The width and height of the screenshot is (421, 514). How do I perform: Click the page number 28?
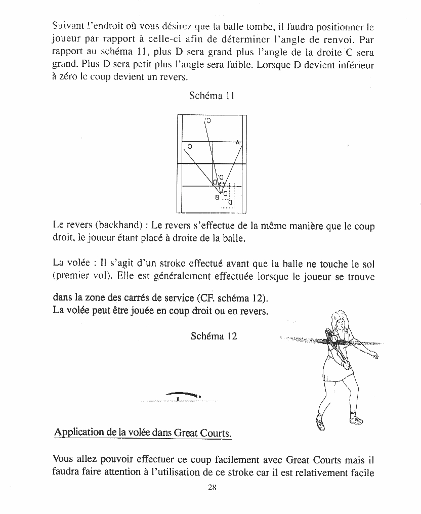click(212, 488)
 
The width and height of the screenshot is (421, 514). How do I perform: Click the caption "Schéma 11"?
click(212, 95)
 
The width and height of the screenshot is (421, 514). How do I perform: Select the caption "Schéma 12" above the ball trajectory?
click(214, 336)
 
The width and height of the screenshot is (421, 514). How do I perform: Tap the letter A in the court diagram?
click(237, 143)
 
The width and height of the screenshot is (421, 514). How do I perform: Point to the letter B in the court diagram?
click(217, 196)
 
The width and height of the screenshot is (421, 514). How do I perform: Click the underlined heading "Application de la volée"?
click(142, 433)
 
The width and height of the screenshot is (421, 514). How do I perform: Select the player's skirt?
click(335, 375)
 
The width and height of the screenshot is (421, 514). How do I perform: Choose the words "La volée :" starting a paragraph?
click(73, 264)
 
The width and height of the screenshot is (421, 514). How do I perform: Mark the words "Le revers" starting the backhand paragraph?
click(72, 226)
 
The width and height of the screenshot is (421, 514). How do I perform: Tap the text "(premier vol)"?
click(82, 276)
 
